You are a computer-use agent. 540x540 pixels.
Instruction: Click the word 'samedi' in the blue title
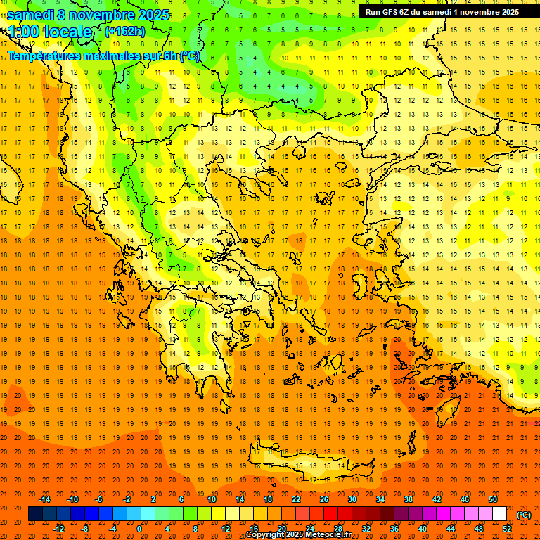tap(31, 15)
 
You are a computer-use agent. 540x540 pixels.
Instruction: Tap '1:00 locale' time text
tap(50, 32)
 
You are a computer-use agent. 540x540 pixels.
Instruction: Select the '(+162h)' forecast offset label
tap(124, 31)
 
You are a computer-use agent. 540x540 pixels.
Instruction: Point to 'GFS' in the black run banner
tap(391, 12)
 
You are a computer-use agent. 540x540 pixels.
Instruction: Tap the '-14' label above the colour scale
tap(44, 499)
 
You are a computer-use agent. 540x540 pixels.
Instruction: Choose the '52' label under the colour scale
tap(508, 529)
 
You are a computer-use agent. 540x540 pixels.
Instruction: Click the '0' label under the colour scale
tap(139, 529)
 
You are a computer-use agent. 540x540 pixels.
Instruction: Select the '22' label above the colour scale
tap(296, 499)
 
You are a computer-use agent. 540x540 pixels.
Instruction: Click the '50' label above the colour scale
tap(493, 499)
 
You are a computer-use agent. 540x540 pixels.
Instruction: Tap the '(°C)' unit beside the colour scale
tap(524, 515)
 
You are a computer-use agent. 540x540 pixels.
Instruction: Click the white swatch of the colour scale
tap(500, 514)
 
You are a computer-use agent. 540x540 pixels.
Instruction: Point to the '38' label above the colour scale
tap(409, 499)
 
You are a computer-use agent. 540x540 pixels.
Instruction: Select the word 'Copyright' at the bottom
tap(266, 535)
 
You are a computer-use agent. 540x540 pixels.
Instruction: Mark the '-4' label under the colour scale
tap(113, 529)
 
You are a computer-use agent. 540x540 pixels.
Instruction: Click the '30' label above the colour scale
tap(352, 499)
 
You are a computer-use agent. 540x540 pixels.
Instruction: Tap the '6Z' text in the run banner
tap(404, 12)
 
